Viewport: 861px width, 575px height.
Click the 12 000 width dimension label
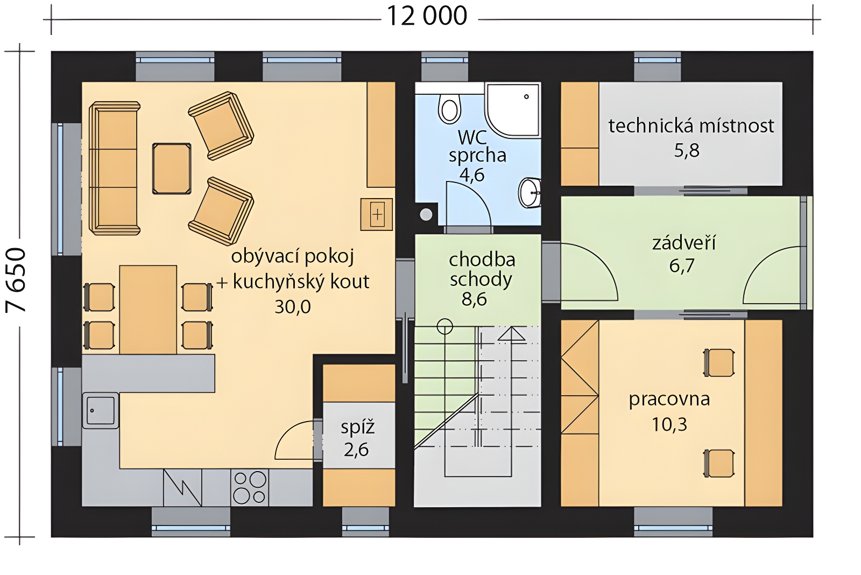(427, 17)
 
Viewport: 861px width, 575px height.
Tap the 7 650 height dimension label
(16, 279)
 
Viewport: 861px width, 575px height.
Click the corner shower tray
(513, 109)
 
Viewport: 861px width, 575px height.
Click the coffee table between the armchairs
(172, 169)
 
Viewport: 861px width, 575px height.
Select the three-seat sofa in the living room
(114, 168)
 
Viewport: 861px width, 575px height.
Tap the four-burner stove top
(250, 487)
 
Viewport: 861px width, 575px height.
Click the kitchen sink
(100, 410)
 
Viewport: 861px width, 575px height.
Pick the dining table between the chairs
(148, 310)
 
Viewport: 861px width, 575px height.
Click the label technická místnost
(691, 126)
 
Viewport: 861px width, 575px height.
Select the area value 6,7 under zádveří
(681, 266)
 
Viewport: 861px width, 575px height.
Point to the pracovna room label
(669, 400)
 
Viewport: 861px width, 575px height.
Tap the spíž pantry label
(357, 427)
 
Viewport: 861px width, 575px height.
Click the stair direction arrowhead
(512, 334)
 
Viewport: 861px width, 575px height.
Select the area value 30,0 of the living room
(293, 307)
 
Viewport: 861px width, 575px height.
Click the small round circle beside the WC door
(426, 215)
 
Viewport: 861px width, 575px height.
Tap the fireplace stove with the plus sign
(377, 214)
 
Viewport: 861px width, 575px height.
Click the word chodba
(482, 260)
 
